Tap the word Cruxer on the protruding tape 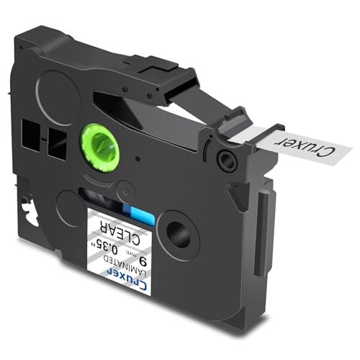[x=307, y=146]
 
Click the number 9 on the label [x=143, y=261]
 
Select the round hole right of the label [x=179, y=233]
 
